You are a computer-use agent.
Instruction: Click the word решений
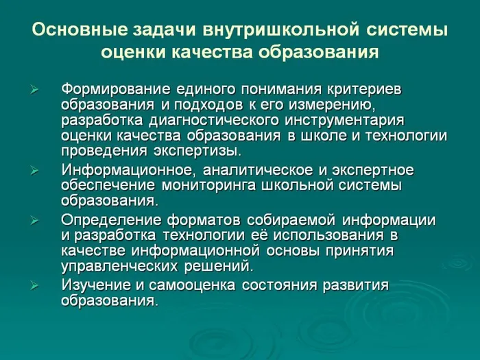221,265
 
